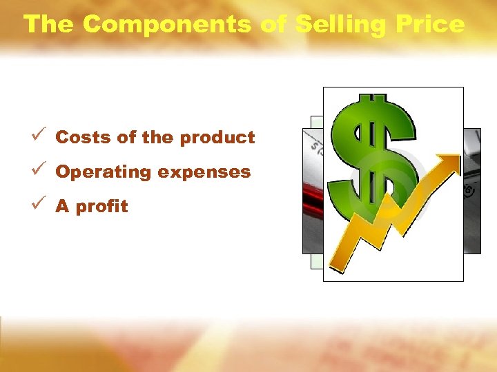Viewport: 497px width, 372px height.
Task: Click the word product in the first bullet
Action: coord(217,137)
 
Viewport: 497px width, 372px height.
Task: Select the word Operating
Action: coord(104,172)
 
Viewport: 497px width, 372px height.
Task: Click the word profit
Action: coord(101,207)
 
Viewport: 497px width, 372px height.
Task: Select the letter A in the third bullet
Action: coord(62,207)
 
